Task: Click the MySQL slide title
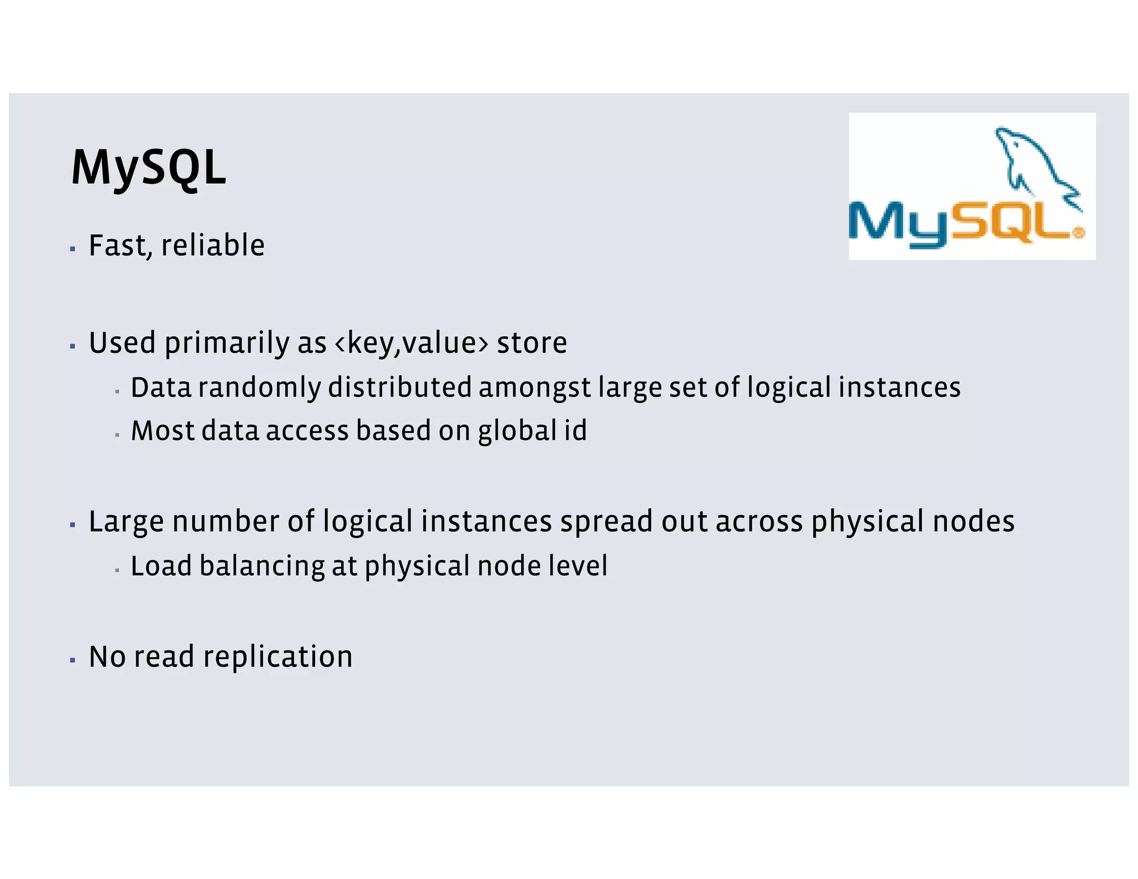(x=148, y=167)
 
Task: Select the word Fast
(x=118, y=246)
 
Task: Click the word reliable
(x=213, y=246)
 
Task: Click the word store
(x=532, y=343)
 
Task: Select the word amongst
(x=535, y=388)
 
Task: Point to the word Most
(x=162, y=431)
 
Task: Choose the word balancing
(x=262, y=567)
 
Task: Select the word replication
(x=278, y=657)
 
